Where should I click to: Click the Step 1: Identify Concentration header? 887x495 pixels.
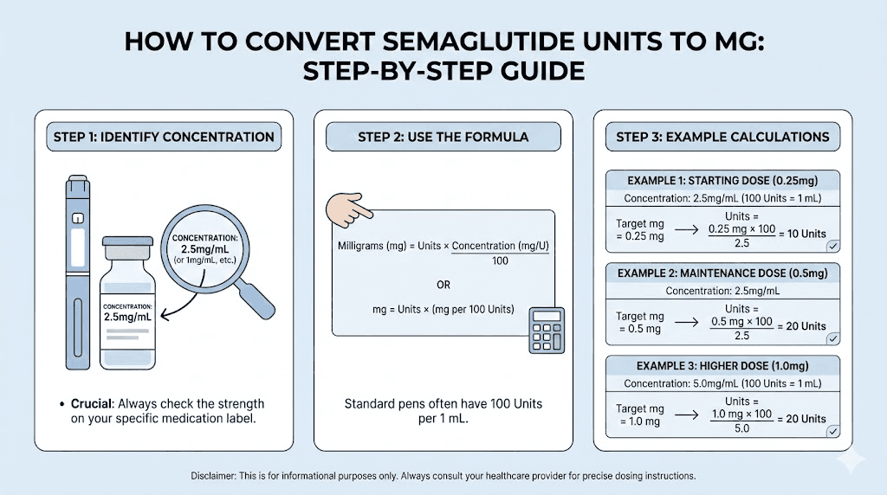(164, 137)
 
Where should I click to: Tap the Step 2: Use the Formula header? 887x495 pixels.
(443, 137)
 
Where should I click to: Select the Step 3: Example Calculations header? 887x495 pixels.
(722, 137)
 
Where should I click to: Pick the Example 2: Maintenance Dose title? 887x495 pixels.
(722, 273)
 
